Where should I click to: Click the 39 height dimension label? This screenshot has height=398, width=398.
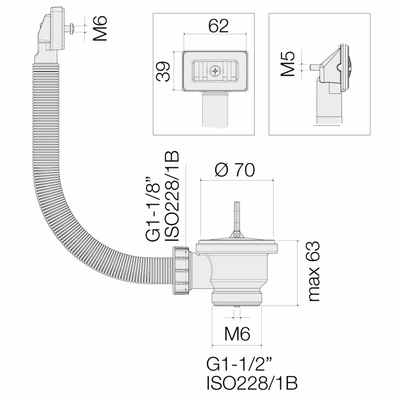click(165, 71)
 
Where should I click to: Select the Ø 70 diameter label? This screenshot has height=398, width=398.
click(235, 170)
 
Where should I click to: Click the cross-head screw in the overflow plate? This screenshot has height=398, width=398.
click(215, 70)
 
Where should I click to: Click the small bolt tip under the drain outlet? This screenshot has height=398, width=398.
click(236, 307)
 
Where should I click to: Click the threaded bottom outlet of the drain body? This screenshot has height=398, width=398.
click(236, 297)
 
